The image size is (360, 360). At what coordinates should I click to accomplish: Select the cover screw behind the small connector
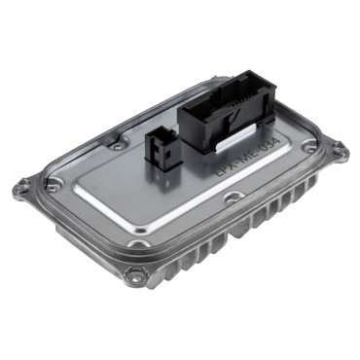coord(118,147)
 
